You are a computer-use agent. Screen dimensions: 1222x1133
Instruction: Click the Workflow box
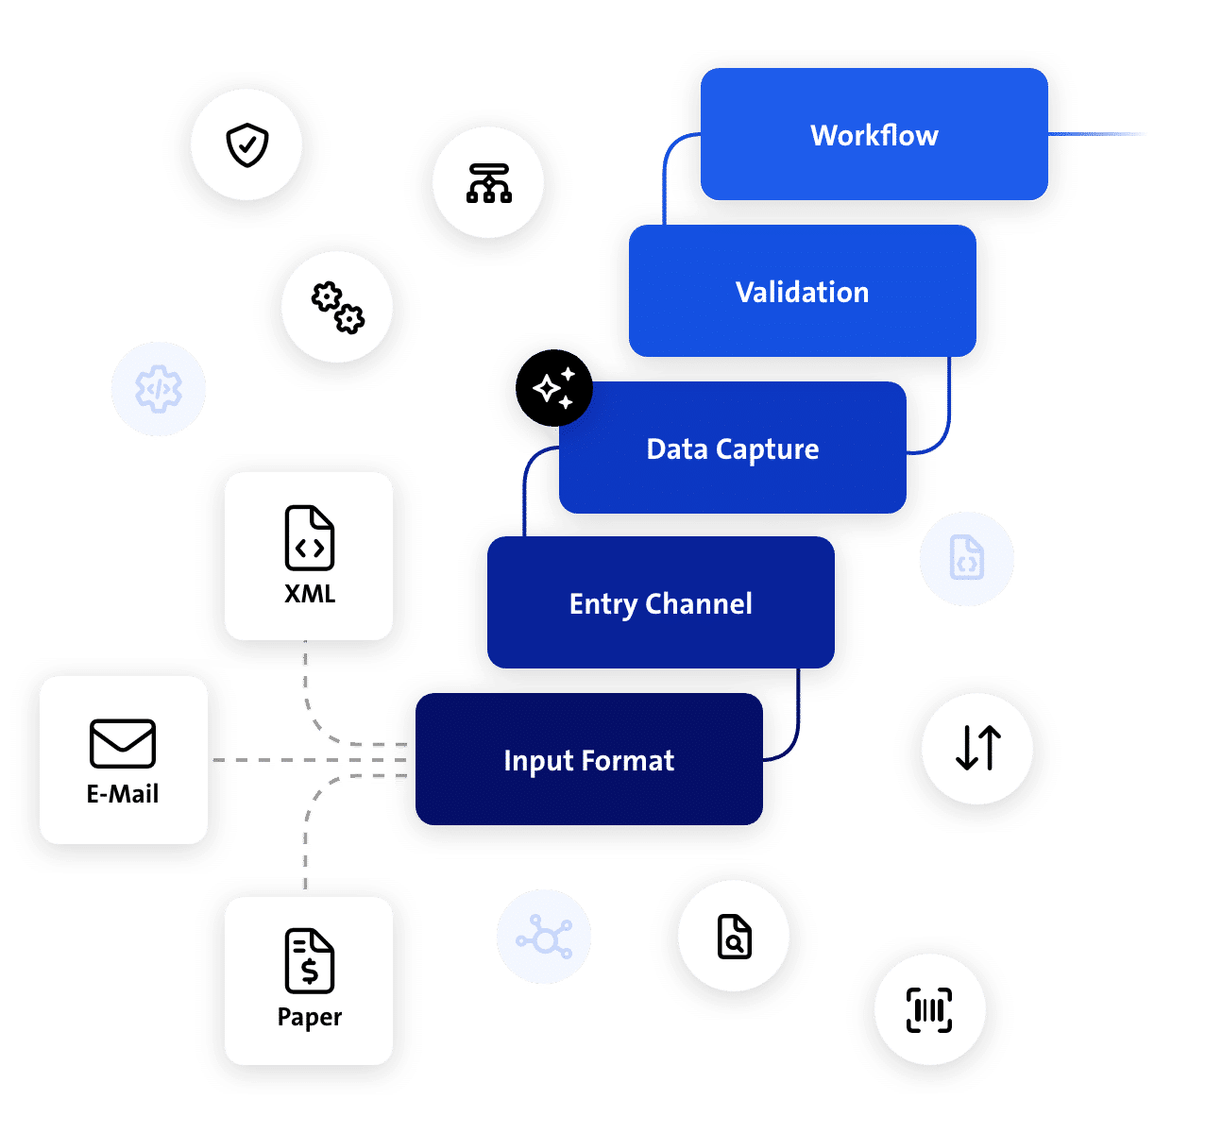[874, 134]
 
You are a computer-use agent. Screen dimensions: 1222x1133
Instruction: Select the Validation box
[803, 291]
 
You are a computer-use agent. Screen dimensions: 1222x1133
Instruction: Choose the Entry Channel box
[661, 602]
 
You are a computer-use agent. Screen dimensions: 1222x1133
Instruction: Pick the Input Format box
[589, 759]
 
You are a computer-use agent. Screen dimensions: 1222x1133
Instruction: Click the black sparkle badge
[553, 388]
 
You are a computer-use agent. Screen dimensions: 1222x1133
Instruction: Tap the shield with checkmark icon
[246, 145]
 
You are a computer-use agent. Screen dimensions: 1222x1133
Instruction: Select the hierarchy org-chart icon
[488, 183]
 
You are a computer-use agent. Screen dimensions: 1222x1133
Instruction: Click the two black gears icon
[337, 308]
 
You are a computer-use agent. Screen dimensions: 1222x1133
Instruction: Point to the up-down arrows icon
[977, 748]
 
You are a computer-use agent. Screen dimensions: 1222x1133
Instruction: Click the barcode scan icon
[929, 1010]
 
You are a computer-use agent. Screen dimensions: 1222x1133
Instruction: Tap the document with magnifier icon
[734, 937]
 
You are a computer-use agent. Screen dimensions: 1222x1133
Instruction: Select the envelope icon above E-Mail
[123, 743]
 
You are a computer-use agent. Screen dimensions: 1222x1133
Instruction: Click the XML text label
[310, 594]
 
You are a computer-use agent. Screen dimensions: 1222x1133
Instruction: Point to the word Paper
[310, 1018]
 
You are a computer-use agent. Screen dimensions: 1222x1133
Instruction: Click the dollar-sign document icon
[310, 960]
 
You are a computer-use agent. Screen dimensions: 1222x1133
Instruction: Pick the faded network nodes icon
[544, 937]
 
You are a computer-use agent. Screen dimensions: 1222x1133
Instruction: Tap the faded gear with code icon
[158, 389]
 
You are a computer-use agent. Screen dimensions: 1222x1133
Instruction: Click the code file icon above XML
[310, 538]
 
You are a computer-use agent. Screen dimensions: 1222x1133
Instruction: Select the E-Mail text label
[123, 794]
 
